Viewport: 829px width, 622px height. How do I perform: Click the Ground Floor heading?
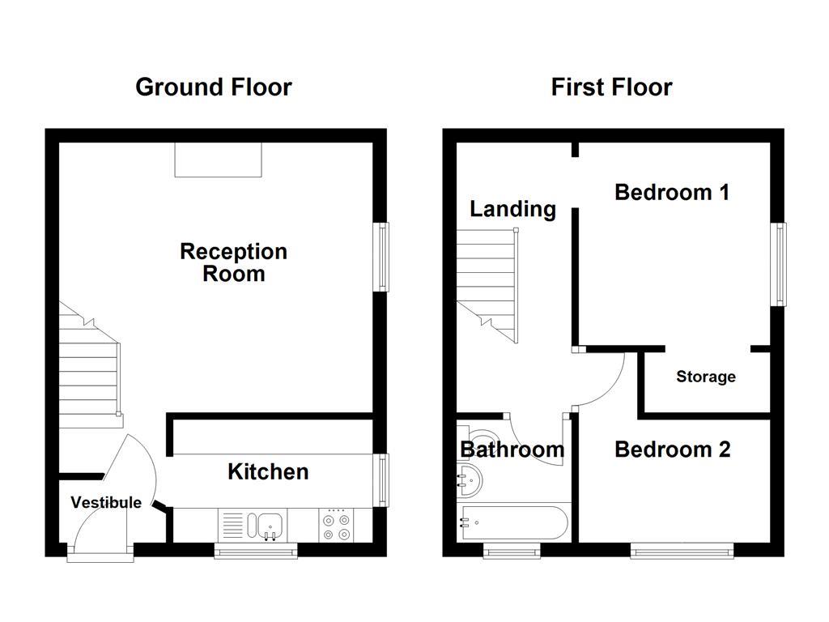[213, 87]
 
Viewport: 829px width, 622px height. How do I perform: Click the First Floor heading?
[611, 87]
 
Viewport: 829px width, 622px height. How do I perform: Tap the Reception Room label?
[233, 262]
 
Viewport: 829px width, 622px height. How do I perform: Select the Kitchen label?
[268, 471]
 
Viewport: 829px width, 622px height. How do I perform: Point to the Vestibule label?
[106, 502]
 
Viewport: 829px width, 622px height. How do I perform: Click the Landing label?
[512, 209]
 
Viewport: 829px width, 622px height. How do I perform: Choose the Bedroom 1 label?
[672, 192]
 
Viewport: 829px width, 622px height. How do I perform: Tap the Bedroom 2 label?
[672, 449]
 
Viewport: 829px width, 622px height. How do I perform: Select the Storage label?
[706, 377]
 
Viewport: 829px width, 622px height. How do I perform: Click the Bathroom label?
[512, 449]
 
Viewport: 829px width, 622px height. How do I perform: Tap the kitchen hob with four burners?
[336, 525]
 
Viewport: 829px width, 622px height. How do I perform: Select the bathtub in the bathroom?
[513, 522]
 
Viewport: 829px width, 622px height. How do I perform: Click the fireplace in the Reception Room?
[219, 160]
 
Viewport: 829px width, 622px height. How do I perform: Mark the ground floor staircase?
[89, 369]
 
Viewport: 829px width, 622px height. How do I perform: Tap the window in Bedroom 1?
[780, 263]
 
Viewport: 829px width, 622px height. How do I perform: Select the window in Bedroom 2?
[682, 552]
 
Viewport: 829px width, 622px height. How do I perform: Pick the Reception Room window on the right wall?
[381, 257]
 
